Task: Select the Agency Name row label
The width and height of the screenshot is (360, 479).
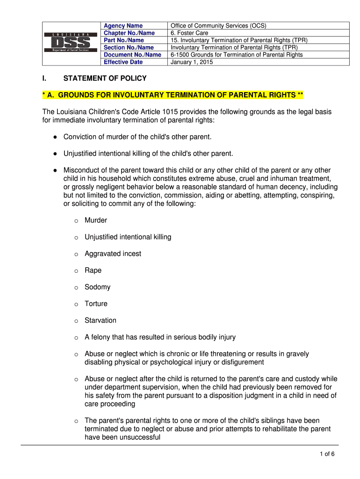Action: (123, 26)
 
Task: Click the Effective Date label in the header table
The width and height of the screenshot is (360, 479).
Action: (123, 62)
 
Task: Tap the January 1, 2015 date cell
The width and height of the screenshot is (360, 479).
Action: (192, 62)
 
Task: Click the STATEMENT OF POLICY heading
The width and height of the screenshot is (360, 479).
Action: (105, 78)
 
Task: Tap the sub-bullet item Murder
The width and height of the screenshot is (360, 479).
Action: (96, 220)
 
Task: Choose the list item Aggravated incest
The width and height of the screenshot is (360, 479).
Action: (113, 254)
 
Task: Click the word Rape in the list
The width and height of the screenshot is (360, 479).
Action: (93, 270)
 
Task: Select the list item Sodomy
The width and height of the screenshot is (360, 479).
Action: (97, 287)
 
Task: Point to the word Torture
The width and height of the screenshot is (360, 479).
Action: (96, 304)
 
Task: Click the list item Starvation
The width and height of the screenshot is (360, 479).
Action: (100, 320)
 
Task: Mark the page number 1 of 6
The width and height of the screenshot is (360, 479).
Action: (327, 454)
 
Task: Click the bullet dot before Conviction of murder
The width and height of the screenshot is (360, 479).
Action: (55, 137)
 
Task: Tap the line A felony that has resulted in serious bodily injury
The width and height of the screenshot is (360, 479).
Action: (160, 337)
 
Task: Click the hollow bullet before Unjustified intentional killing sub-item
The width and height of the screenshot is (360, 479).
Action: (76, 238)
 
